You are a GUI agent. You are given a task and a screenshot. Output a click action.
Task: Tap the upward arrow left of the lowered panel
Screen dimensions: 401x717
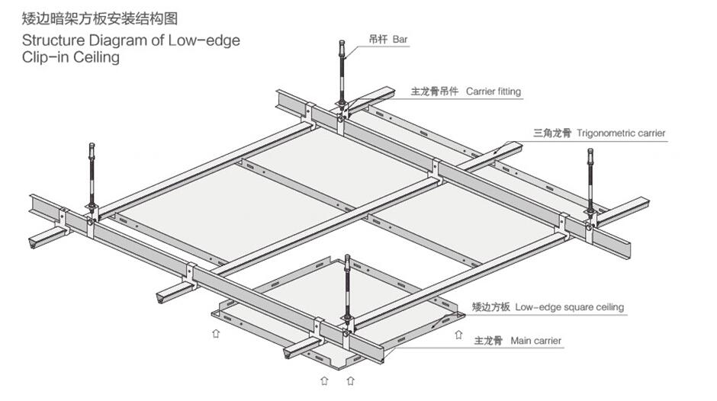pyautogui.click(x=216, y=332)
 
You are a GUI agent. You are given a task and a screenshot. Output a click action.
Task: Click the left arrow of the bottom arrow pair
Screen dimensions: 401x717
pyautogui.click(x=323, y=379)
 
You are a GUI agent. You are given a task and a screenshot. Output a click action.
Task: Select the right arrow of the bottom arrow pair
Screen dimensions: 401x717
pyautogui.click(x=350, y=379)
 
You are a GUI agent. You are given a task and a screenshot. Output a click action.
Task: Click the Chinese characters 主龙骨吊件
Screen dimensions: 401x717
pyautogui.click(x=435, y=91)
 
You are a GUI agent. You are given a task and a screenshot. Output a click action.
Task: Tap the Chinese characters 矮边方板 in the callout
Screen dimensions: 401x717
pyautogui.click(x=490, y=307)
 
